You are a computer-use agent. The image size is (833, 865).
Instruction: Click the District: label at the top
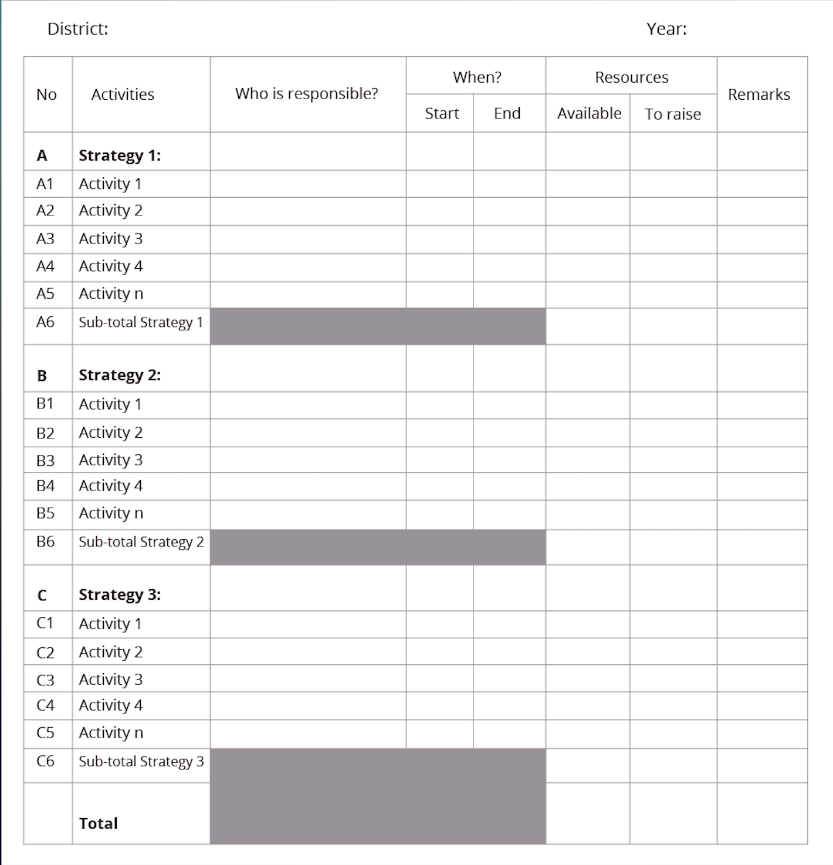pyautogui.click(x=78, y=29)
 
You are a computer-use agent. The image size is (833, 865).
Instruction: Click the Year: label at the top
pyautogui.click(x=666, y=29)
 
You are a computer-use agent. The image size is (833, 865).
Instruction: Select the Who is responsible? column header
pyautogui.click(x=307, y=94)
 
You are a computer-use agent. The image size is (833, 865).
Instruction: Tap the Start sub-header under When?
pyautogui.click(x=442, y=113)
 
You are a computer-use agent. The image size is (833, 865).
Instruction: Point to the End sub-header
pyautogui.click(x=507, y=113)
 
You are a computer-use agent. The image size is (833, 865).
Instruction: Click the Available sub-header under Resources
pyautogui.click(x=589, y=113)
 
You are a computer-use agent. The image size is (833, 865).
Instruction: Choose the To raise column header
pyautogui.click(x=673, y=114)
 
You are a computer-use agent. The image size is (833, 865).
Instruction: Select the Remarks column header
pyautogui.click(x=759, y=94)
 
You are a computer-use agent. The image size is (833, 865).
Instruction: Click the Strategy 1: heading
pyautogui.click(x=120, y=156)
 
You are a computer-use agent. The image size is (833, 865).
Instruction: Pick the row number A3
pyautogui.click(x=45, y=239)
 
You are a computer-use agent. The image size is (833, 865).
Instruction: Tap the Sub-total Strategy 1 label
pyautogui.click(x=141, y=322)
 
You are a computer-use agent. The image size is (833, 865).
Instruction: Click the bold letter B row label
pyautogui.click(x=42, y=376)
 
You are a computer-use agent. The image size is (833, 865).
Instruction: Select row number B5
pyautogui.click(x=45, y=513)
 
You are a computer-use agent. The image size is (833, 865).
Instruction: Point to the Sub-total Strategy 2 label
pyautogui.click(x=141, y=542)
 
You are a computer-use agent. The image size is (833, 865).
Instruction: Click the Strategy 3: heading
pyautogui.click(x=120, y=594)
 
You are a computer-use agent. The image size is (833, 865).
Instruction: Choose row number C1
pyautogui.click(x=45, y=623)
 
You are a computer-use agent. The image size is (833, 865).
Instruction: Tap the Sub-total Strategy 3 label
pyautogui.click(x=141, y=761)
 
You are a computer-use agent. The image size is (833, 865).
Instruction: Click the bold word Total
pyautogui.click(x=99, y=823)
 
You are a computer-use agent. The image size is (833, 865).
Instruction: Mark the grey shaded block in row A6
pyautogui.click(x=378, y=326)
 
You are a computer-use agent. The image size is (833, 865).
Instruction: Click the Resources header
pyautogui.click(x=632, y=77)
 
